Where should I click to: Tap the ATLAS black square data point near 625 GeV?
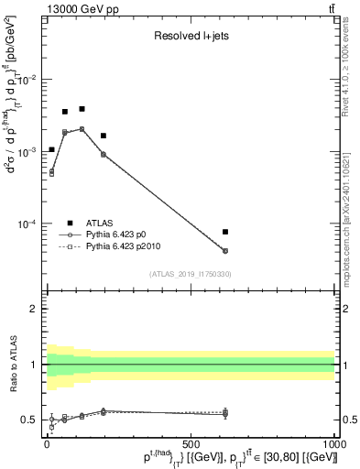coord(225,232)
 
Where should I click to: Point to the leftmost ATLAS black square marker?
coord(51,149)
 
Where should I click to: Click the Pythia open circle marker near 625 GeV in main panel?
coord(225,251)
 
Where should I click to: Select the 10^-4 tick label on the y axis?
coord(27,224)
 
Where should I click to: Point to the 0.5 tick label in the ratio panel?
coord(29,420)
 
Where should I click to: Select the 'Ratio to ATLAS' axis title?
coord(10,364)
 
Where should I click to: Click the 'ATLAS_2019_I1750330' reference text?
coord(191,274)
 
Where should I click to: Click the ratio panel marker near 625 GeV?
coord(225,413)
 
